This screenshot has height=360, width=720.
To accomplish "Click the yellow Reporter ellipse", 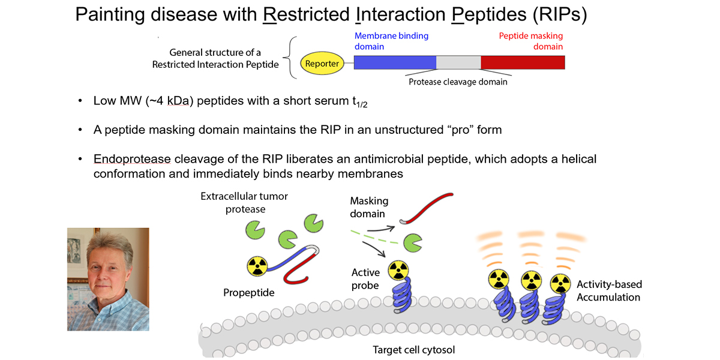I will pyautogui.click(x=322, y=63).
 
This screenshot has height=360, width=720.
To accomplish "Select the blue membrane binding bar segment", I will pyautogui.click(x=395, y=63).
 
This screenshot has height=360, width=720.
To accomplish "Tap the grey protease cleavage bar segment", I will pyautogui.click(x=458, y=63).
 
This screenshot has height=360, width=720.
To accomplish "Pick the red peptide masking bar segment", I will pyautogui.click(x=523, y=63).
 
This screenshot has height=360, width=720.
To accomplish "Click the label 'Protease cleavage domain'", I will pyautogui.click(x=458, y=82).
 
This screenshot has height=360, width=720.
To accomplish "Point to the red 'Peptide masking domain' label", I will pyautogui.click(x=531, y=41).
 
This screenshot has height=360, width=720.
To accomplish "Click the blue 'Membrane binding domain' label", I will pyautogui.click(x=391, y=41).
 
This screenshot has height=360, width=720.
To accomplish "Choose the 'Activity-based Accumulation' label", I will pyautogui.click(x=608, y=290).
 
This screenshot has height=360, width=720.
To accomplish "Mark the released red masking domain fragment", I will pyautogui.click(x=427, y=207).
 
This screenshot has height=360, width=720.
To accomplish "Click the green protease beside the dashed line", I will pyautogui.click(x=412, y=242).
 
